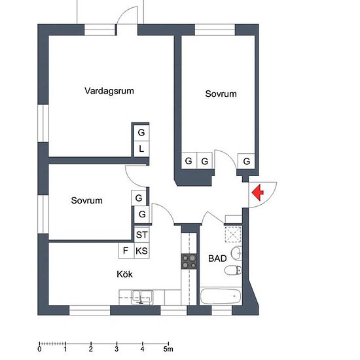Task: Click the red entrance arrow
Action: coord(259,192)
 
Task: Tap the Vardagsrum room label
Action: coord(109,91)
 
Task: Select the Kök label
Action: coord(124,274)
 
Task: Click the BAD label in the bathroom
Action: coord(217,259)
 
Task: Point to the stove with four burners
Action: coord(189,261)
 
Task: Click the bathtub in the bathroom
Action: coord(221,296)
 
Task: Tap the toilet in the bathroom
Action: coord(233,270)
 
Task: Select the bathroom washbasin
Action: coord(236,253)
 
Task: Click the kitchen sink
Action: coord(142,297)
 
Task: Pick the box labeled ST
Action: coord(141,234)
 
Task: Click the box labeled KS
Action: coord(141,251)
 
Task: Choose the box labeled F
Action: coord(126,251)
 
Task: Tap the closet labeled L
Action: coord(141,149)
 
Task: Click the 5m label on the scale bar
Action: coord(168,350)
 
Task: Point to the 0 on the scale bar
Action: coord(40,350)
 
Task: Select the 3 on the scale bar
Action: coord(117,350)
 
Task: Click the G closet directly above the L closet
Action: coord(141,133)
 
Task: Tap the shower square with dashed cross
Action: coord(233,234)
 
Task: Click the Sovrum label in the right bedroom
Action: coord(221,94)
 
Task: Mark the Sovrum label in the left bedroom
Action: coord(87,201)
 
